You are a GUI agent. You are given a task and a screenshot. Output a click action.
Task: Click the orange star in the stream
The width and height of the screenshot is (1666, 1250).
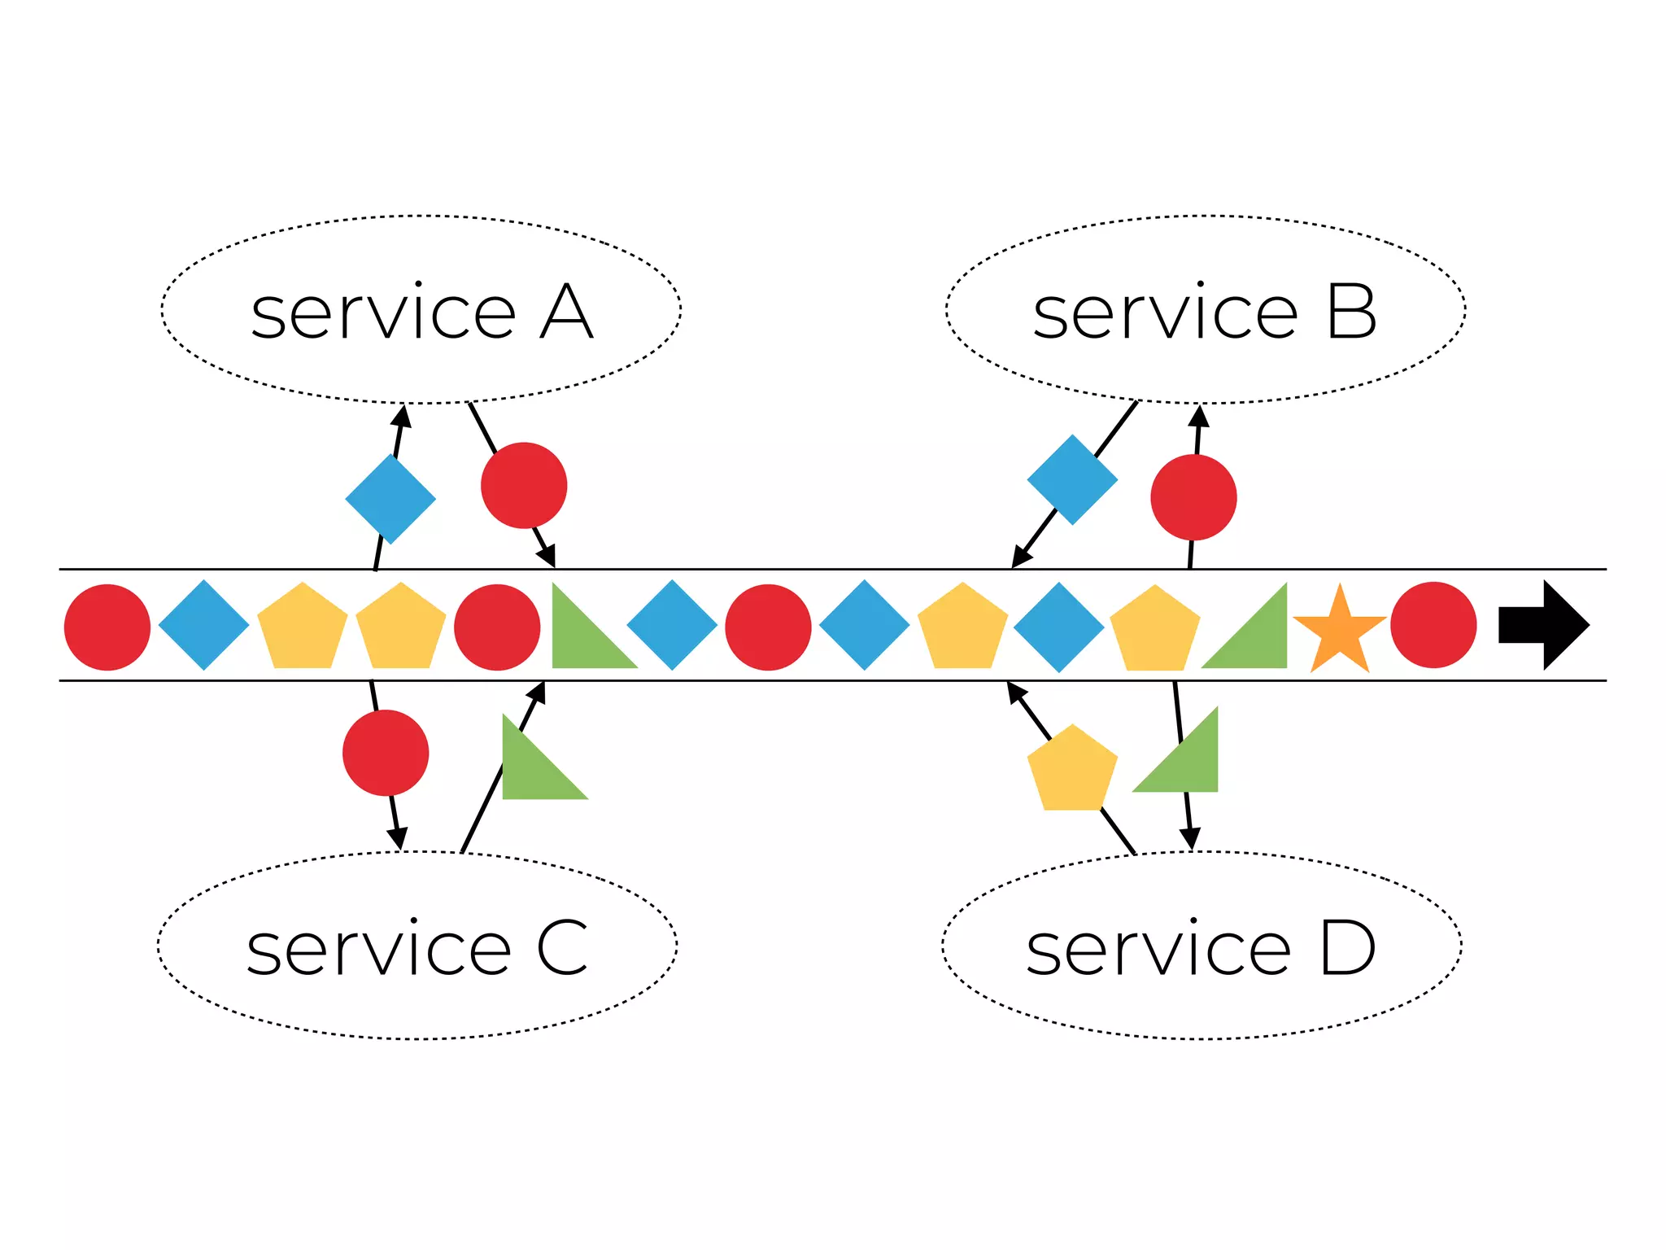point(1339,631)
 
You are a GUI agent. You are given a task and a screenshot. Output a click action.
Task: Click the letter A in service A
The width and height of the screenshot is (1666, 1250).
point(566,312)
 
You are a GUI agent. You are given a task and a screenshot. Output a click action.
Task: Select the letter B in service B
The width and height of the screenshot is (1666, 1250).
point(1352,312)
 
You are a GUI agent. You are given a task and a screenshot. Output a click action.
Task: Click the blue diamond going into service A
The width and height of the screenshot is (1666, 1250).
point(390,499)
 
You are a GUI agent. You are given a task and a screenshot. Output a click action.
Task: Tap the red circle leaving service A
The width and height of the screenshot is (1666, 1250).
point(524,486)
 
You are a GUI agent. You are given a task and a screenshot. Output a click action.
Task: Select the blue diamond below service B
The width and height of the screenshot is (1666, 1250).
point(1072,479)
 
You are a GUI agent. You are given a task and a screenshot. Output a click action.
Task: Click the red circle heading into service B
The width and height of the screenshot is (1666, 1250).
point(1193,497)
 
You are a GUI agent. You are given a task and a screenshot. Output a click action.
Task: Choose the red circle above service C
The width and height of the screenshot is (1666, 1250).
point(386,753)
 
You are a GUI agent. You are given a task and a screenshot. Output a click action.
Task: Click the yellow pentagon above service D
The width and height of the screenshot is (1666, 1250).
point(1072,770)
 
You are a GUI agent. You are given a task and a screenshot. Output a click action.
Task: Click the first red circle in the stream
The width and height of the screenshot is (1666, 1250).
point(107,627)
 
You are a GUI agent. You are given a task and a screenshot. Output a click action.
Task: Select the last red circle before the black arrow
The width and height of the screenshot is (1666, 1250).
point(1433,625)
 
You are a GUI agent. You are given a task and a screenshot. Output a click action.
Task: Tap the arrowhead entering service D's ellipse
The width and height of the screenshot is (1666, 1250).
point(1190,839)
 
